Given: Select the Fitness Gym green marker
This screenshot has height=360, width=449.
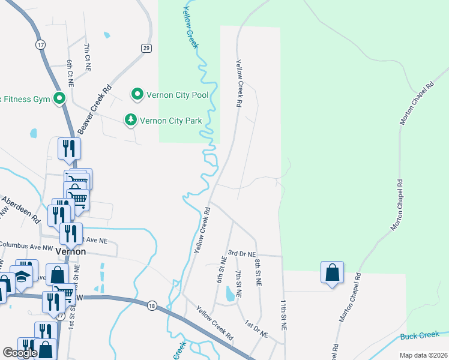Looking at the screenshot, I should click(x=59, y=98).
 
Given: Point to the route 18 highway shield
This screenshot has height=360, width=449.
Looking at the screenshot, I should click(x=152, y=305).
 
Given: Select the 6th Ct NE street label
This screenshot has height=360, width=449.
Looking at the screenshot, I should click(x=70, y=73).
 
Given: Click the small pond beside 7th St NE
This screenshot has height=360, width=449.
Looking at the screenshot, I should click(x=230, y=293).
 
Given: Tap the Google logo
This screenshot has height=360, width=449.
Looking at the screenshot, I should click(x=20, y=353).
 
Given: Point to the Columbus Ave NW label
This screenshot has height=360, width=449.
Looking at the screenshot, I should click(x=26, y=245).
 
